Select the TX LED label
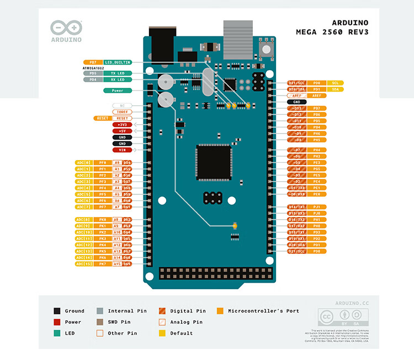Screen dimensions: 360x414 117,73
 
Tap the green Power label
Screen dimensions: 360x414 117,90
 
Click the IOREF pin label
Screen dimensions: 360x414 123,112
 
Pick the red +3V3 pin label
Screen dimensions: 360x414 123,125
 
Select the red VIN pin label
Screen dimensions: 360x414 123,150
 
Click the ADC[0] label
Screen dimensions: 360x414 83,162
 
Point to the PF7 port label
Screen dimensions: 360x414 103,207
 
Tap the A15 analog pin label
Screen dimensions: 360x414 117,264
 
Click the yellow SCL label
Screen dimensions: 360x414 335,82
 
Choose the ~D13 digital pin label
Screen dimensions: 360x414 297,108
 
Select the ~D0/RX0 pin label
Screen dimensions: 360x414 297,194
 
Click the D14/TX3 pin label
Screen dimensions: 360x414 297,207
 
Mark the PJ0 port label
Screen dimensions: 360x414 317,213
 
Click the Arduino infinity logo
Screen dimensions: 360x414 66,28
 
